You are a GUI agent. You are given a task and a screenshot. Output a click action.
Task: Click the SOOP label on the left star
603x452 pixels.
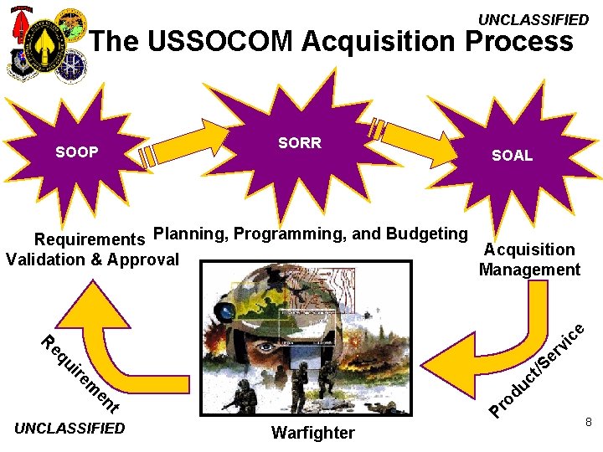tap(77, 152)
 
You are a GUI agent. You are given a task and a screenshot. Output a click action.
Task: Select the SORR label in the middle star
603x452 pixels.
tap(300, 143)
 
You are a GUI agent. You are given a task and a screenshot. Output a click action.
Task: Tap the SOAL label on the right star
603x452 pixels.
tap(512, 156)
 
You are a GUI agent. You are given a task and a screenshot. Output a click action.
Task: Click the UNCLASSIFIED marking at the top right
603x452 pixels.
tap(533, 19)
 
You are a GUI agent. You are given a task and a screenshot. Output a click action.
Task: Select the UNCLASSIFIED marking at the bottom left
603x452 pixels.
tap(70, 429)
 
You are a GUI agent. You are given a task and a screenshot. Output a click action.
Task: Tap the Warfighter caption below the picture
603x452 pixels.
tap(313, 433)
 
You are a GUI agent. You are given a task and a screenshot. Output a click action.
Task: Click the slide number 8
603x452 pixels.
tap(589, 424)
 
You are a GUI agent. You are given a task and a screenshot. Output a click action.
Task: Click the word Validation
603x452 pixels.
tap(47, 259)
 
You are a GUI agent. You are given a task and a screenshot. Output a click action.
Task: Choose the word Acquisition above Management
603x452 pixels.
tap(529, 249)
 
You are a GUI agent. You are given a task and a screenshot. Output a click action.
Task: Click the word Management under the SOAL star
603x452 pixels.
tap(529, 270)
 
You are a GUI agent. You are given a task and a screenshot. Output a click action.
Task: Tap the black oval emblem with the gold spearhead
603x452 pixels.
tap(44, 42)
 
